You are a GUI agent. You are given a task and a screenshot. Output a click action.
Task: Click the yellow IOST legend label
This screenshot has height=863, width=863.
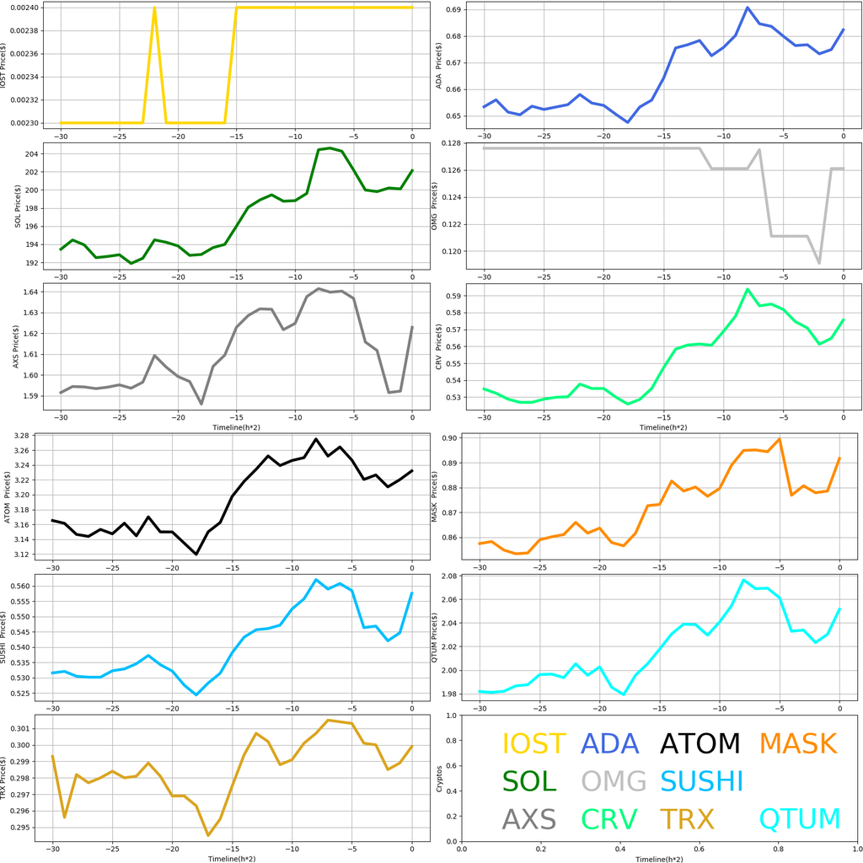[535, 743]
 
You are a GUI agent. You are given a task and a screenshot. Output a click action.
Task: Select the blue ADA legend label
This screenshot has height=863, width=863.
[615, 743]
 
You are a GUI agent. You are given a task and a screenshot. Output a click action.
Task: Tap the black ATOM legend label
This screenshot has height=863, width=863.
[700, 743]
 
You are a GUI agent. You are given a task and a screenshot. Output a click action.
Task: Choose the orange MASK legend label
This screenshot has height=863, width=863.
[797, 743]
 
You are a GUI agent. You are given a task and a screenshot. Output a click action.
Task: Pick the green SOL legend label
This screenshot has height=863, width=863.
[529, 781]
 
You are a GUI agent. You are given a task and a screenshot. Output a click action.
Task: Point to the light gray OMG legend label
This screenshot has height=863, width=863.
[614, 781]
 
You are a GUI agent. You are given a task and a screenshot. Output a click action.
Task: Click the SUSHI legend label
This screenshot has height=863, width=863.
[702, 781]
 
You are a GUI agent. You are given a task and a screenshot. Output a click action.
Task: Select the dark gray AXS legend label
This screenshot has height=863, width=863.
[529, 818]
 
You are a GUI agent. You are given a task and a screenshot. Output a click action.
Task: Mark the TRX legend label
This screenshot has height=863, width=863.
[687, 818]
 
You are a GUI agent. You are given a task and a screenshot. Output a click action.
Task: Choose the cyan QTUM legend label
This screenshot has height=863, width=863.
[800, 818]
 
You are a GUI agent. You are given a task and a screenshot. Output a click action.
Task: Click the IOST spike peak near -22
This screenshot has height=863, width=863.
[154, 8]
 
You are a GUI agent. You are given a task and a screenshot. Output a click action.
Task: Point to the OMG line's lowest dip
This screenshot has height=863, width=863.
[819, 263]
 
